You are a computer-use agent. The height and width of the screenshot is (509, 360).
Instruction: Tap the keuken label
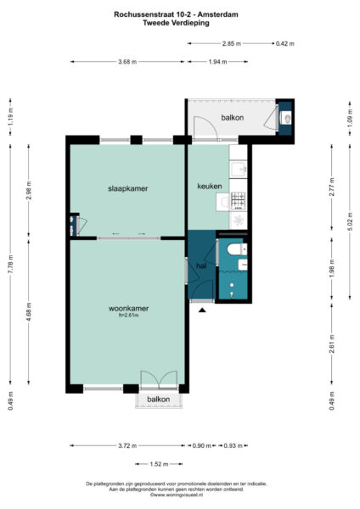coord(209,186)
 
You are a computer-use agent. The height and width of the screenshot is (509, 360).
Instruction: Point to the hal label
coord(201,266)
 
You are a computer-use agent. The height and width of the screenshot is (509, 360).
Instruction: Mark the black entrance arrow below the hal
coord(201,310)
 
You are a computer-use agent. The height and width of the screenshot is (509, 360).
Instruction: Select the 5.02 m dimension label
coord(349,228)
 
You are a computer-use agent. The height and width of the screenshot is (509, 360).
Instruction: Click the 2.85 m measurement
coord(232,42)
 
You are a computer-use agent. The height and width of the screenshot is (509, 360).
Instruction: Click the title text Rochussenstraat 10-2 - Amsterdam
coord(179,14)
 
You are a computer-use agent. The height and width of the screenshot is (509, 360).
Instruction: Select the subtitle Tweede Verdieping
coord(179,23)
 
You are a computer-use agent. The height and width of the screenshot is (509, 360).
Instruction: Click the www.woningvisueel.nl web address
coord(179,495)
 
